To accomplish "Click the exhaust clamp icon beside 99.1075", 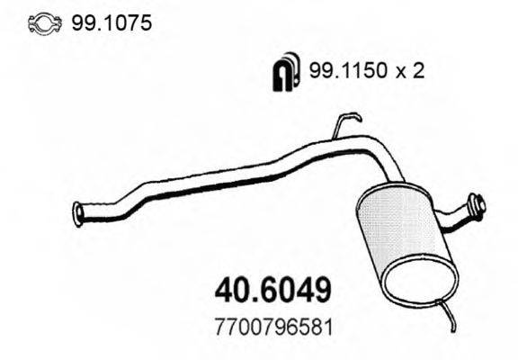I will [x=40, y=23].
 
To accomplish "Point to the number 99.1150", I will [x=342, y=73].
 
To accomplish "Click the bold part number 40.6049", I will [x=275, y=290].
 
